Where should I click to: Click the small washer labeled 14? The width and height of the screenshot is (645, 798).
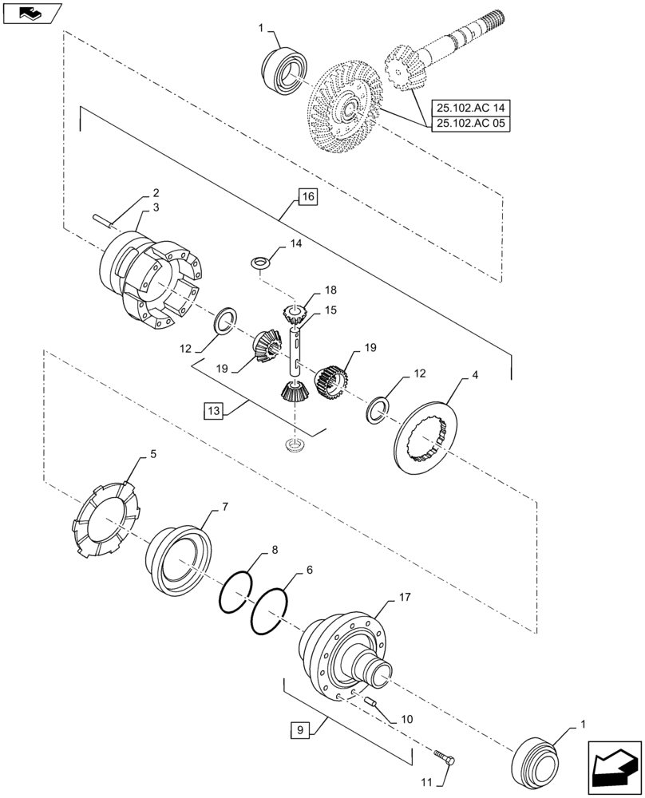(x=260, y=263)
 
